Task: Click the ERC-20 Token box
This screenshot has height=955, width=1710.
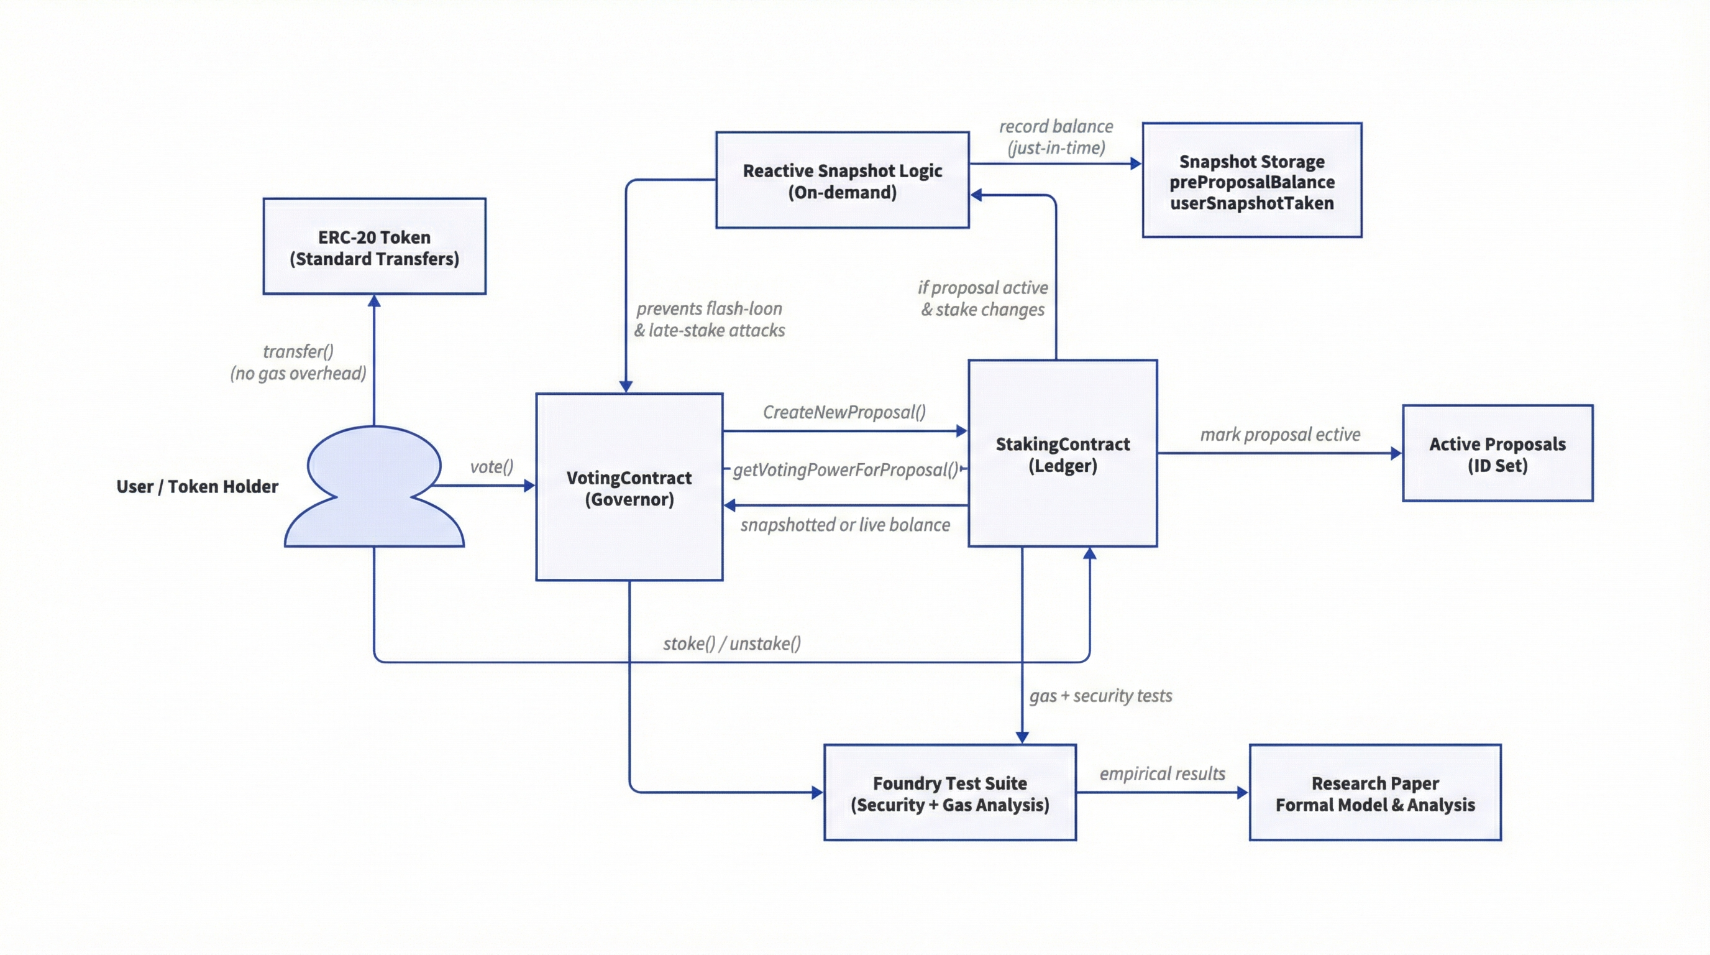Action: click(x=375, y=246)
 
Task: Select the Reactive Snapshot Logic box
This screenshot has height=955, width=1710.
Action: click(x=842, y=181)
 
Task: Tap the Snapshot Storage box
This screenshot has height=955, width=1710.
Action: click(x=1251, y=181)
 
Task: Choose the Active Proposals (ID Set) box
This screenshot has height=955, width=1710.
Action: click(x=1497, y=454)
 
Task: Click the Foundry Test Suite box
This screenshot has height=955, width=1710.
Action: click(x=949, y=793)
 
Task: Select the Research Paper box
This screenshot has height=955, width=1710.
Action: click(x=1374, y=793)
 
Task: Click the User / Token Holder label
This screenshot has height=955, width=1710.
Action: click(x=197, y=487)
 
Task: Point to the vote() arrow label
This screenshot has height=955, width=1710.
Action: click(x=492, y=467)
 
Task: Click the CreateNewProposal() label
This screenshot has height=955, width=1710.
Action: click(x=844, y=412)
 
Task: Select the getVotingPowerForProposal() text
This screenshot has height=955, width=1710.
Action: click(x=845, y=470)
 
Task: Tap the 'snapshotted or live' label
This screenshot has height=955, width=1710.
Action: click(x=844, y=525)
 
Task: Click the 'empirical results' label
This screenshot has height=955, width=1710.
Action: click(x=1162, y=773)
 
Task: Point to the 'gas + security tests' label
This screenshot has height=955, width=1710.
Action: click(x=1100, y=696)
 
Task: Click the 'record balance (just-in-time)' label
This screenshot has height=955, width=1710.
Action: click(x=1056, y=137)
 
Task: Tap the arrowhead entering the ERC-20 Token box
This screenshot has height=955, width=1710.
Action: click(x=375, y=301)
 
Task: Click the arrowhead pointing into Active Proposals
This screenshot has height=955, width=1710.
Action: click(x=1396, y=454)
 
